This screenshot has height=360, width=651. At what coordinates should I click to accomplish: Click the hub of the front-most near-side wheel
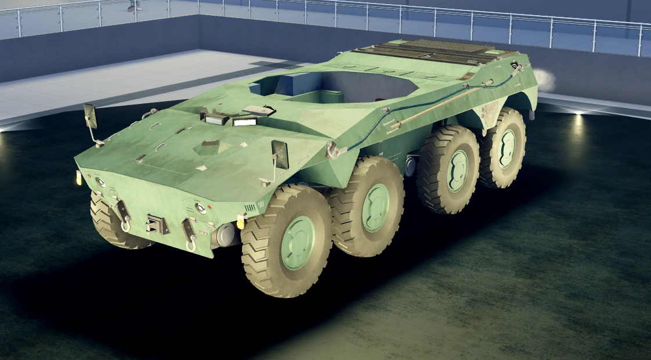click(297, 243)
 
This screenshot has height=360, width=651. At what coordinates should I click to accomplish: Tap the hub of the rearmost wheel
click(507, 148)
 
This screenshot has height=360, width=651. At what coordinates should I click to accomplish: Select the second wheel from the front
click(367, 207)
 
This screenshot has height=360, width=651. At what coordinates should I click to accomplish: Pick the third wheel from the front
click(450, 170)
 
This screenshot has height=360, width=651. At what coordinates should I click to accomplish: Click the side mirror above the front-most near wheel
click(280, 155)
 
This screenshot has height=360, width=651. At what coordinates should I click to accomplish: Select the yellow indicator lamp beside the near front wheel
click(240, 222)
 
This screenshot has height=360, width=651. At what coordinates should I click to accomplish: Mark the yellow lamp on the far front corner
click(79, 178)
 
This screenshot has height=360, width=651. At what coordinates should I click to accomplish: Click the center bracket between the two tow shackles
click(155, 223)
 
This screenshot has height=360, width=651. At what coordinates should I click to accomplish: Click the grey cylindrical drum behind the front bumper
click(225, 234)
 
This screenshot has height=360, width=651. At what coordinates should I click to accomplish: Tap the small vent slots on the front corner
click(250, 208)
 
